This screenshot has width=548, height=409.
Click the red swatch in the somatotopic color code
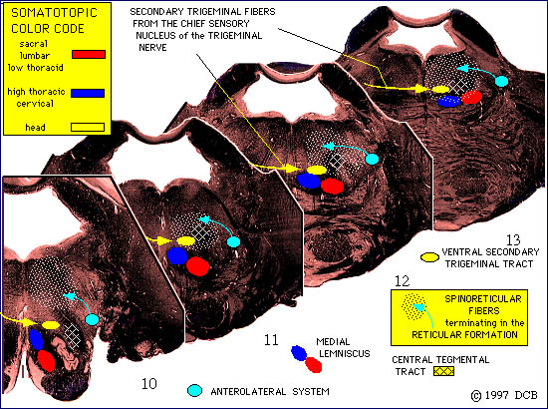[89, 54]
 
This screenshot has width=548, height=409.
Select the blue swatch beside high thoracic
[88, 93]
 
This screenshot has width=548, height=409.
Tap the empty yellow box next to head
[88, 127]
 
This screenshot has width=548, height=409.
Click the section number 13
[513, 240]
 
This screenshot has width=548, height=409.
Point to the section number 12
[402, 281]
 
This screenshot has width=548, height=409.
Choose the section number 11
[271, 340]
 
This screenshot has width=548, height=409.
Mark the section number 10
[149, 384]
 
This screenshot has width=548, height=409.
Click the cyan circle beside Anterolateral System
[194, 391]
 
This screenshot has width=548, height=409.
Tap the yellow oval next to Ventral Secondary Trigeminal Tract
[429, 257]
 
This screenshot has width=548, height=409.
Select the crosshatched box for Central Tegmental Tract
[443, 371]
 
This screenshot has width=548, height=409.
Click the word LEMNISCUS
[345, 354]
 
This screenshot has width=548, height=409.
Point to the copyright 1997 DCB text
[504, 395]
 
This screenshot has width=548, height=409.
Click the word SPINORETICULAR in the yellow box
[483, 299]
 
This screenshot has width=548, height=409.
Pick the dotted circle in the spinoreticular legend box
[414, 307]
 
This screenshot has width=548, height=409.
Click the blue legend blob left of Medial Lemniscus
[299, 353]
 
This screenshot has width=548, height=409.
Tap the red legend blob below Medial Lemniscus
[314, 365]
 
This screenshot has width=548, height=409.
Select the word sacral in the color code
[34, 44]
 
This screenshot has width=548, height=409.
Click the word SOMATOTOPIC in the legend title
[54, 13]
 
